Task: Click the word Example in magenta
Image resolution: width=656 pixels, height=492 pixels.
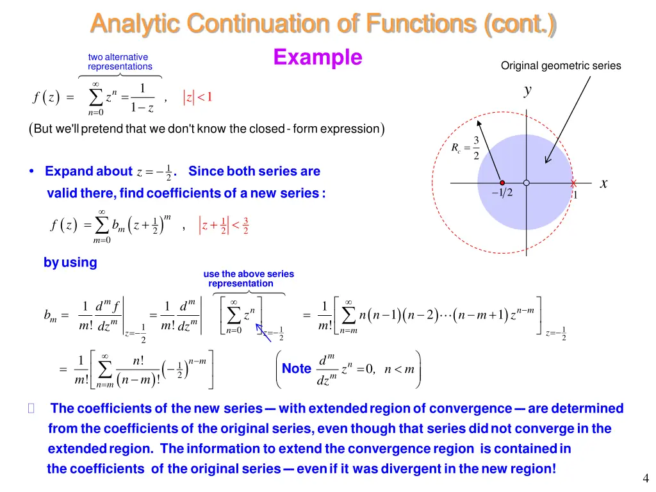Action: (317, 57)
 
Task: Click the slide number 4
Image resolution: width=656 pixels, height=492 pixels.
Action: (645, 478)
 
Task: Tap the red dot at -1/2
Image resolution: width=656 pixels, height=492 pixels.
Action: (502, 183)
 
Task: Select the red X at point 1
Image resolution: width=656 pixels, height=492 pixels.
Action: (574, 184)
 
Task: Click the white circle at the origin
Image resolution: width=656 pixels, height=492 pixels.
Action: (527, 183)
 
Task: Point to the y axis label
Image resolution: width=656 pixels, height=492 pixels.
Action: (527, 90)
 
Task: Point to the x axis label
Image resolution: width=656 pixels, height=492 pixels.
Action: (603, 183)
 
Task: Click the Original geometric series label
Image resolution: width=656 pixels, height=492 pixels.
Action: (561, 65)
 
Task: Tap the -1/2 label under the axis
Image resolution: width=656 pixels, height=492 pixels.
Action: (502, 193)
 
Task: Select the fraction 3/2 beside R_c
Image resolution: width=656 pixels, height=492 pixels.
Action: (476, 148)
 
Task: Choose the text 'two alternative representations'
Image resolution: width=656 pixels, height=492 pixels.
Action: (120, 61)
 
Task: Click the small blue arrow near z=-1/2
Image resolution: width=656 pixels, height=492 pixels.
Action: (262, 332)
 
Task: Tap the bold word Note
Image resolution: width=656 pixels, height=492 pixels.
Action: (297, 368)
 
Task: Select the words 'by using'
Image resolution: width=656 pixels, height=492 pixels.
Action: (70, 262)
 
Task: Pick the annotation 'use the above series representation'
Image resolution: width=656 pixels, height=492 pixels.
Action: (249, 279)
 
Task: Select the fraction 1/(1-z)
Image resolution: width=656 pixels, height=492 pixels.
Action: (142, 98)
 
